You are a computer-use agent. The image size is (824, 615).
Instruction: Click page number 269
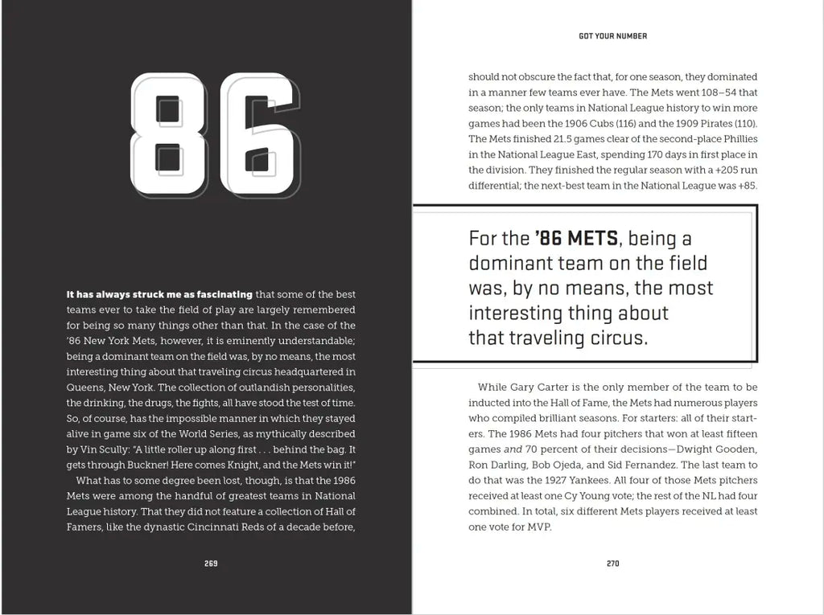coord(211,564)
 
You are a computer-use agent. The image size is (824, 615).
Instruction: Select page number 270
coord(613,564)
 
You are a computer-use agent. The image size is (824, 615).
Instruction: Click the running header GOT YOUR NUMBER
coord(613,36)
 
